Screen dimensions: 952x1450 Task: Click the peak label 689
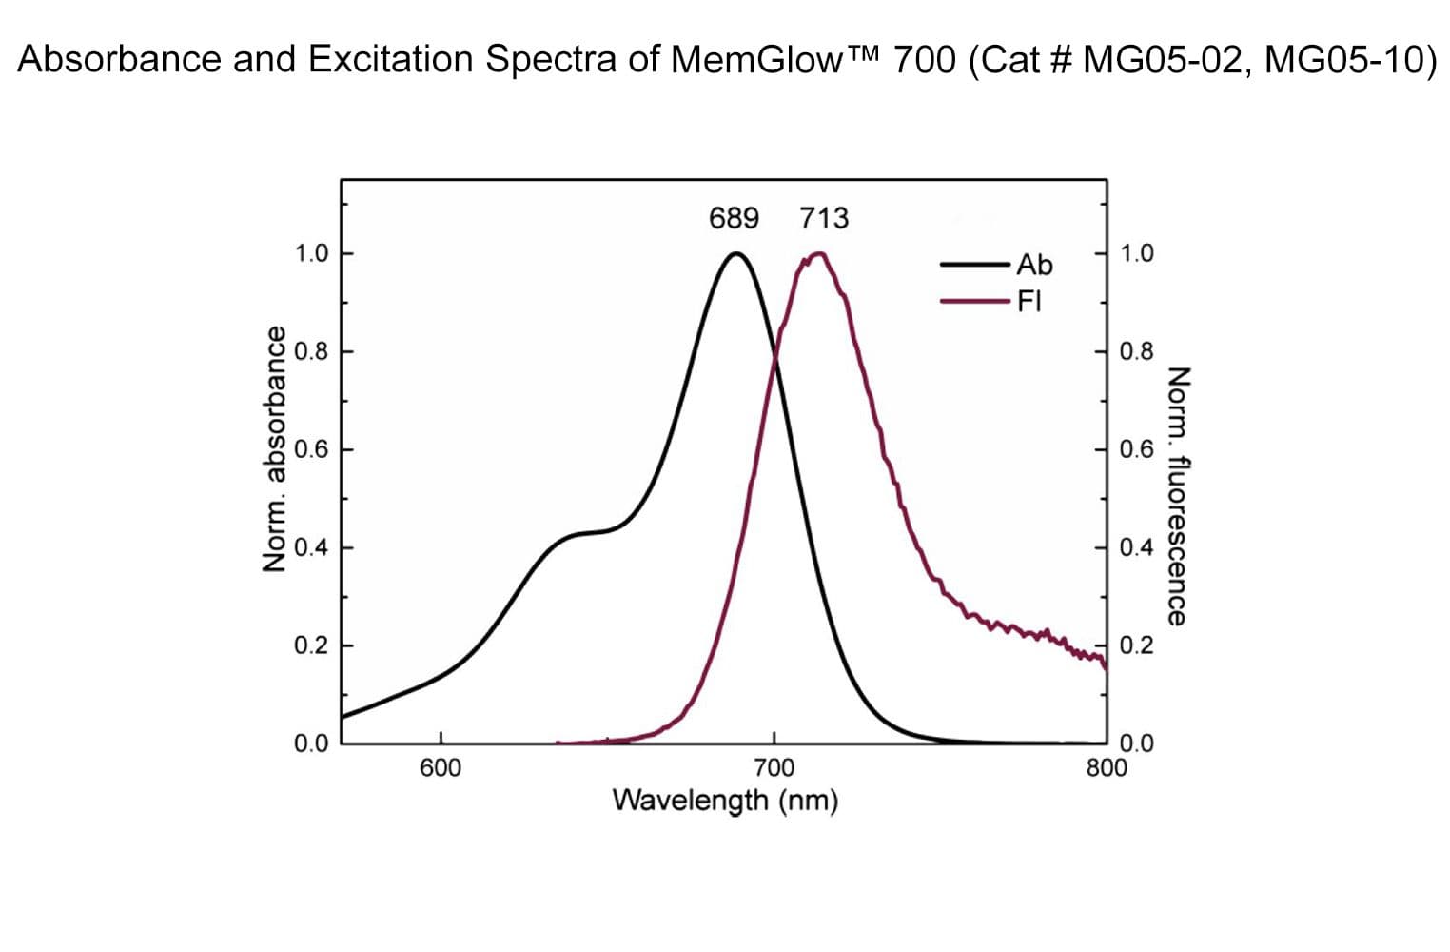click(734, 219)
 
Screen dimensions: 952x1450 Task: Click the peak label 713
click(824, 219)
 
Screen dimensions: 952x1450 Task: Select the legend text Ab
click(1034, 265)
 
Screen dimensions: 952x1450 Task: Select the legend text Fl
click(1029, 302)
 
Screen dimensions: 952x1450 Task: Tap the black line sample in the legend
click(974, 265)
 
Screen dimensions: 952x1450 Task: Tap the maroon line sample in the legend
click(974, 302)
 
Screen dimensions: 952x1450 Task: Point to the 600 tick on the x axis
click(440, 767)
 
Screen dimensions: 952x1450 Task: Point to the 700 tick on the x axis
click(774, 767)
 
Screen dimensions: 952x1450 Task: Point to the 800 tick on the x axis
click(1106, 767)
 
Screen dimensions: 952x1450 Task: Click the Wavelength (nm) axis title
click(725, 801)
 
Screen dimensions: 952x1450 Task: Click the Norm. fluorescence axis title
click(1178, 496)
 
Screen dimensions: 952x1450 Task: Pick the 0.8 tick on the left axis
click(311, 351)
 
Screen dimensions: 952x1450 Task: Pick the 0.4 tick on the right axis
click(1137, 547)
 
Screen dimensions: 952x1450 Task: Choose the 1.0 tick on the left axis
click(311, 253)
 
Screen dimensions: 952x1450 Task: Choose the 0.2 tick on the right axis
click(1137, 645)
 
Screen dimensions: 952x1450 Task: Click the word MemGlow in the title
click(756, 60)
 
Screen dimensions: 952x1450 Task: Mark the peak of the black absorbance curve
click(735, 253)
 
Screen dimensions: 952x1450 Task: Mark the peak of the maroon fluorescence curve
click(818, 253)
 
